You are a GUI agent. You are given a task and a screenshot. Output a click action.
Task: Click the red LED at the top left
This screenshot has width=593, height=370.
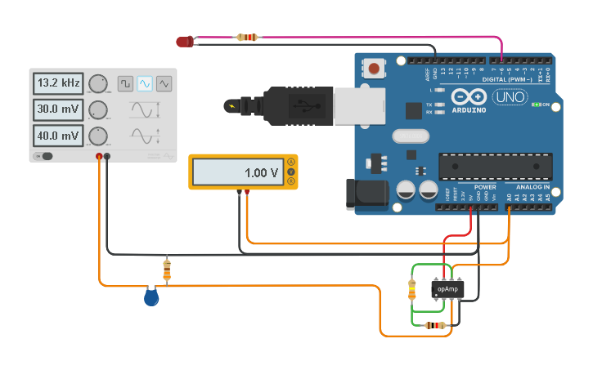(185, 41)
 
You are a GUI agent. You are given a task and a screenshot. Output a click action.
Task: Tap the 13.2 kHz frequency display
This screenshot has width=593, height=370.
(58, 83)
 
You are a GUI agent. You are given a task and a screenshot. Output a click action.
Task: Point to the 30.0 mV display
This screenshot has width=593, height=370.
(58, 109)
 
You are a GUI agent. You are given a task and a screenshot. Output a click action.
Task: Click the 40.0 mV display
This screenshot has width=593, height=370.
(58, 136)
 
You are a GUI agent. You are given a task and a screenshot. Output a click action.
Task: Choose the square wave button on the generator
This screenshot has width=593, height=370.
(125, 83)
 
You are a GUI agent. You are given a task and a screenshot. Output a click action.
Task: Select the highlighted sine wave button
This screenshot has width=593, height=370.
(145, 83)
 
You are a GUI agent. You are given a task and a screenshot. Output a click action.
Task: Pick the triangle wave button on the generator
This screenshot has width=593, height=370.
(164, 83)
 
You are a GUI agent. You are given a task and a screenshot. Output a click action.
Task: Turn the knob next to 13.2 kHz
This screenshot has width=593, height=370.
(98, 84)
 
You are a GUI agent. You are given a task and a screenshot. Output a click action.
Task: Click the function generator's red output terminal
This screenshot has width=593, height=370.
(99, 156)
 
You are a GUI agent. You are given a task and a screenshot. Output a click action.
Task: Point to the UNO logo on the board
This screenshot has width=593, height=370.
(509, 98)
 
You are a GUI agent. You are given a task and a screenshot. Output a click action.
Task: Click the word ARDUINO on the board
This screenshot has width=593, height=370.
(469, 109)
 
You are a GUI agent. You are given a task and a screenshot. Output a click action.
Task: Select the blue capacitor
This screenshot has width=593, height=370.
(151, 297)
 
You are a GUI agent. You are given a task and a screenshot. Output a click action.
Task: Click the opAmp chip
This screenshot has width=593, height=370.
(447, 289)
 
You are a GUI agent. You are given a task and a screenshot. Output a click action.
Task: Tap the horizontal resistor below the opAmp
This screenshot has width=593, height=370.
(435, 325)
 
